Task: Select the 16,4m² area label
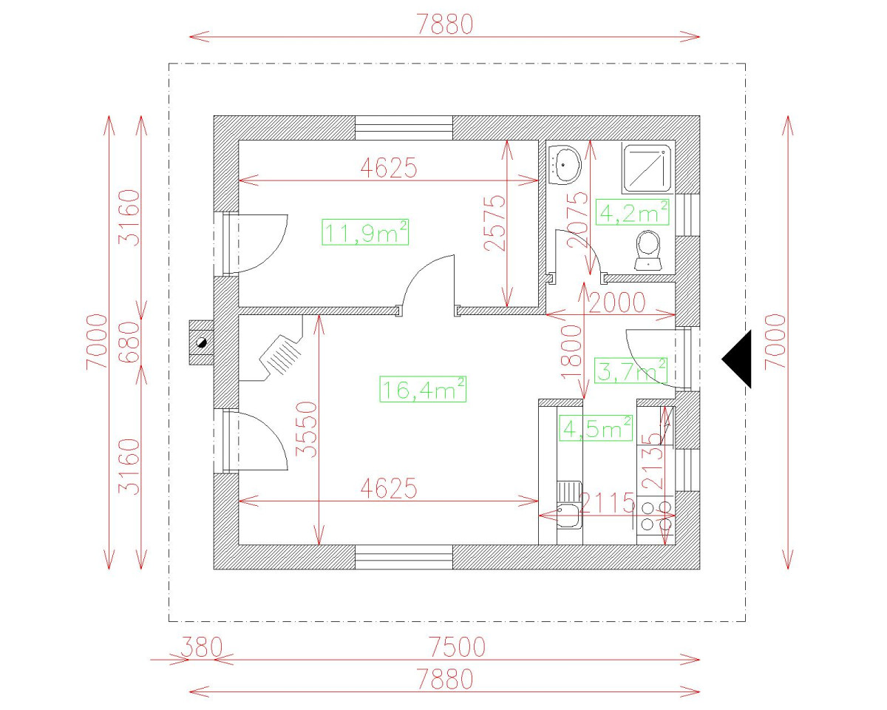pos(423,388)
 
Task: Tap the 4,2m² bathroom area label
pos(634,212)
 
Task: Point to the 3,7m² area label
pos(631,371)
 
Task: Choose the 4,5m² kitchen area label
pos(596,427)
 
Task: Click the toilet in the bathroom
pos(648,249)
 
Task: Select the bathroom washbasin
pos(566,163)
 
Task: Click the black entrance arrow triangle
pos(738,359)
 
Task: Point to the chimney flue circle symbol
pos(200,342)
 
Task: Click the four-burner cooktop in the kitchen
pos(656,515)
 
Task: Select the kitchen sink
pos(568,512)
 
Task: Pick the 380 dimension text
pos(200,647)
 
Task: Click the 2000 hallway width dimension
pos(617,302)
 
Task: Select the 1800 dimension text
pos(571,353)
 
